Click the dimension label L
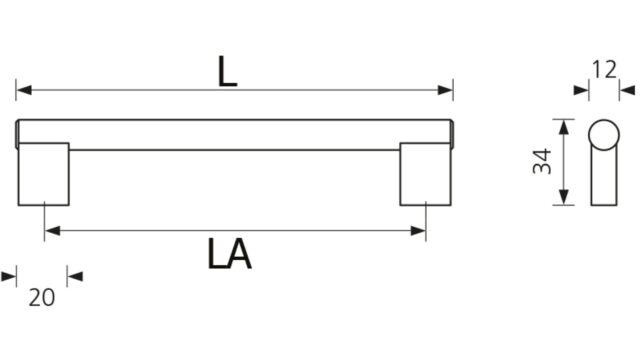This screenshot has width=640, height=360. (x=227, y=71)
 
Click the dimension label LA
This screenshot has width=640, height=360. (x=229, y=253)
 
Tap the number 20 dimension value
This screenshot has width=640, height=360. (x=42, y=297)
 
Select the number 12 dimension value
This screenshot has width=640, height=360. (x=604, y=70)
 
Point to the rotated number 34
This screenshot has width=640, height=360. (x=542, y=162)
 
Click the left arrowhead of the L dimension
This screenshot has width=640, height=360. (x=24, y=90)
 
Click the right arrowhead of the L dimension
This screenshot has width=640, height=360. (x=445, y=90)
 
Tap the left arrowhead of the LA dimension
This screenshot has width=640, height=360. (x=53, y=231)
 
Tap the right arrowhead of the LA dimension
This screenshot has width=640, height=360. (x=418, y=231)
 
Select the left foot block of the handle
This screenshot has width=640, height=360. (x=44, y=174)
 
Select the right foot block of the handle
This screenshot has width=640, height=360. (x=425, y=174)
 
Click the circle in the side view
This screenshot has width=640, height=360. (x=604, y=135)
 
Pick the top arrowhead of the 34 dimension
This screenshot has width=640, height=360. (x=564, y=127)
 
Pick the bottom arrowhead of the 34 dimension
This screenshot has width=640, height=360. (x=564, y=197)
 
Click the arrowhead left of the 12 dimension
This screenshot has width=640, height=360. (x=581, y=90)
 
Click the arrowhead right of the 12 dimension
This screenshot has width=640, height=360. (x=627, y=90)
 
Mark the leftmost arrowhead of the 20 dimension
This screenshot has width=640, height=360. (x=9, y=277)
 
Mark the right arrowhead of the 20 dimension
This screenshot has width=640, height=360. (x=75, y=277)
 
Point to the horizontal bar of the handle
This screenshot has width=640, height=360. (x=235, y=135)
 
